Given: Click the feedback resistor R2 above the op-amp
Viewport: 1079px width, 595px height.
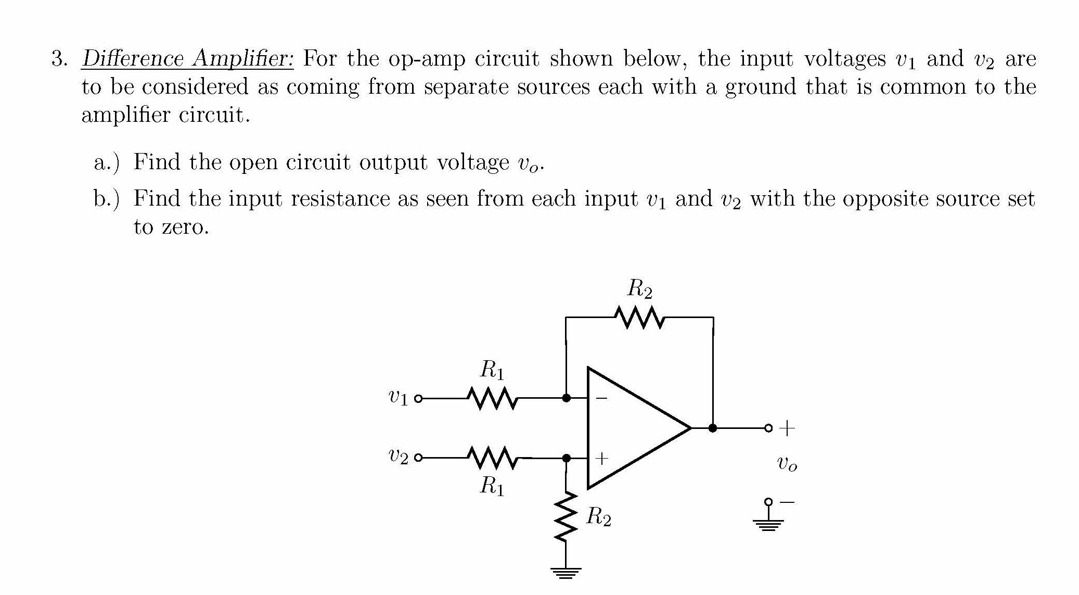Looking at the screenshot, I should (639, 318).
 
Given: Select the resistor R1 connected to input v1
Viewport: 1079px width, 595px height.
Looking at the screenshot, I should (492, 398).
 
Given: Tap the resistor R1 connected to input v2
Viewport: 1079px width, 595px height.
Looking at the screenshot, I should (492, 458).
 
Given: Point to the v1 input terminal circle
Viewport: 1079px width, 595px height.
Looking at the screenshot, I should (418, 399).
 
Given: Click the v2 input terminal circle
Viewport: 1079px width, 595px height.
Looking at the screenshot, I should (418, 458).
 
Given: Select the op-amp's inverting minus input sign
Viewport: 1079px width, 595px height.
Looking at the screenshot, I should (601, 399).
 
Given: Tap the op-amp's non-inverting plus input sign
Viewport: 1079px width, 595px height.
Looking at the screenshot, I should (601, 459).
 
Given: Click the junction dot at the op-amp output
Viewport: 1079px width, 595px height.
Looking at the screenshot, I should (713, 428).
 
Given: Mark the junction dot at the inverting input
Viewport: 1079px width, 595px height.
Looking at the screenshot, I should (567, 398).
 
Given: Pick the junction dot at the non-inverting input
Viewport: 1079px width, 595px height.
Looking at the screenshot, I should (567, 458).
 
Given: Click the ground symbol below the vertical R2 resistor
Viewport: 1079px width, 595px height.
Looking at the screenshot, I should (566, 572).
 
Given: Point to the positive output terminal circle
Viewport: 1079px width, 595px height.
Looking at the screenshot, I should (768, 428).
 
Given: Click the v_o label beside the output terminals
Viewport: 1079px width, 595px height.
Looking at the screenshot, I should (786, 463).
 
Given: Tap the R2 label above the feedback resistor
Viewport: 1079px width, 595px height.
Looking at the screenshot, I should (639, 288).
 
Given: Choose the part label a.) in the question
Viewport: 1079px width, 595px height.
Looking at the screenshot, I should (106, 162).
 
